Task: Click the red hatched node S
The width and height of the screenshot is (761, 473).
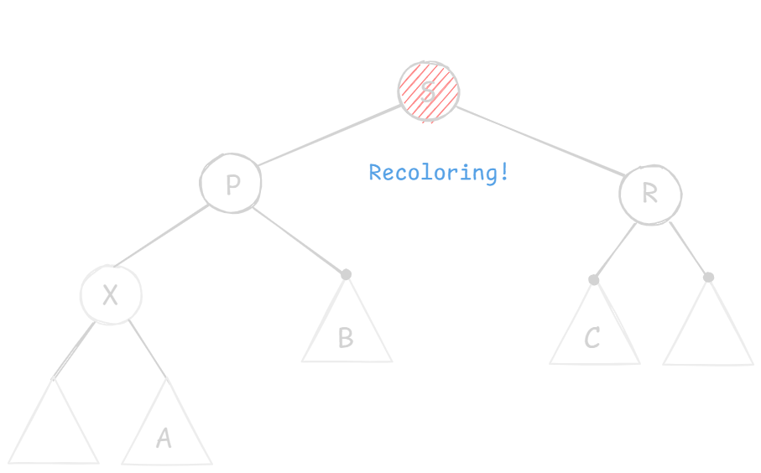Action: coord(428,91)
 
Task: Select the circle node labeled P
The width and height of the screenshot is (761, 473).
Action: coord(231,183)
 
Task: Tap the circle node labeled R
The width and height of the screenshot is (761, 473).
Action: coord(649,195)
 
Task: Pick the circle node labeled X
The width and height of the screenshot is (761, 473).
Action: coord(111,294)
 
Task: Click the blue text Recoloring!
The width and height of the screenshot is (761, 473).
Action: coord(438,173)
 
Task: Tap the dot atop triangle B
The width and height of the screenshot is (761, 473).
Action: coord(346,274)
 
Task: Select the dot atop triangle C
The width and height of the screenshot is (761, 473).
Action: coord(593,279)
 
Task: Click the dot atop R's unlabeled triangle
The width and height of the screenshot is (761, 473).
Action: coord(708,277)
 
